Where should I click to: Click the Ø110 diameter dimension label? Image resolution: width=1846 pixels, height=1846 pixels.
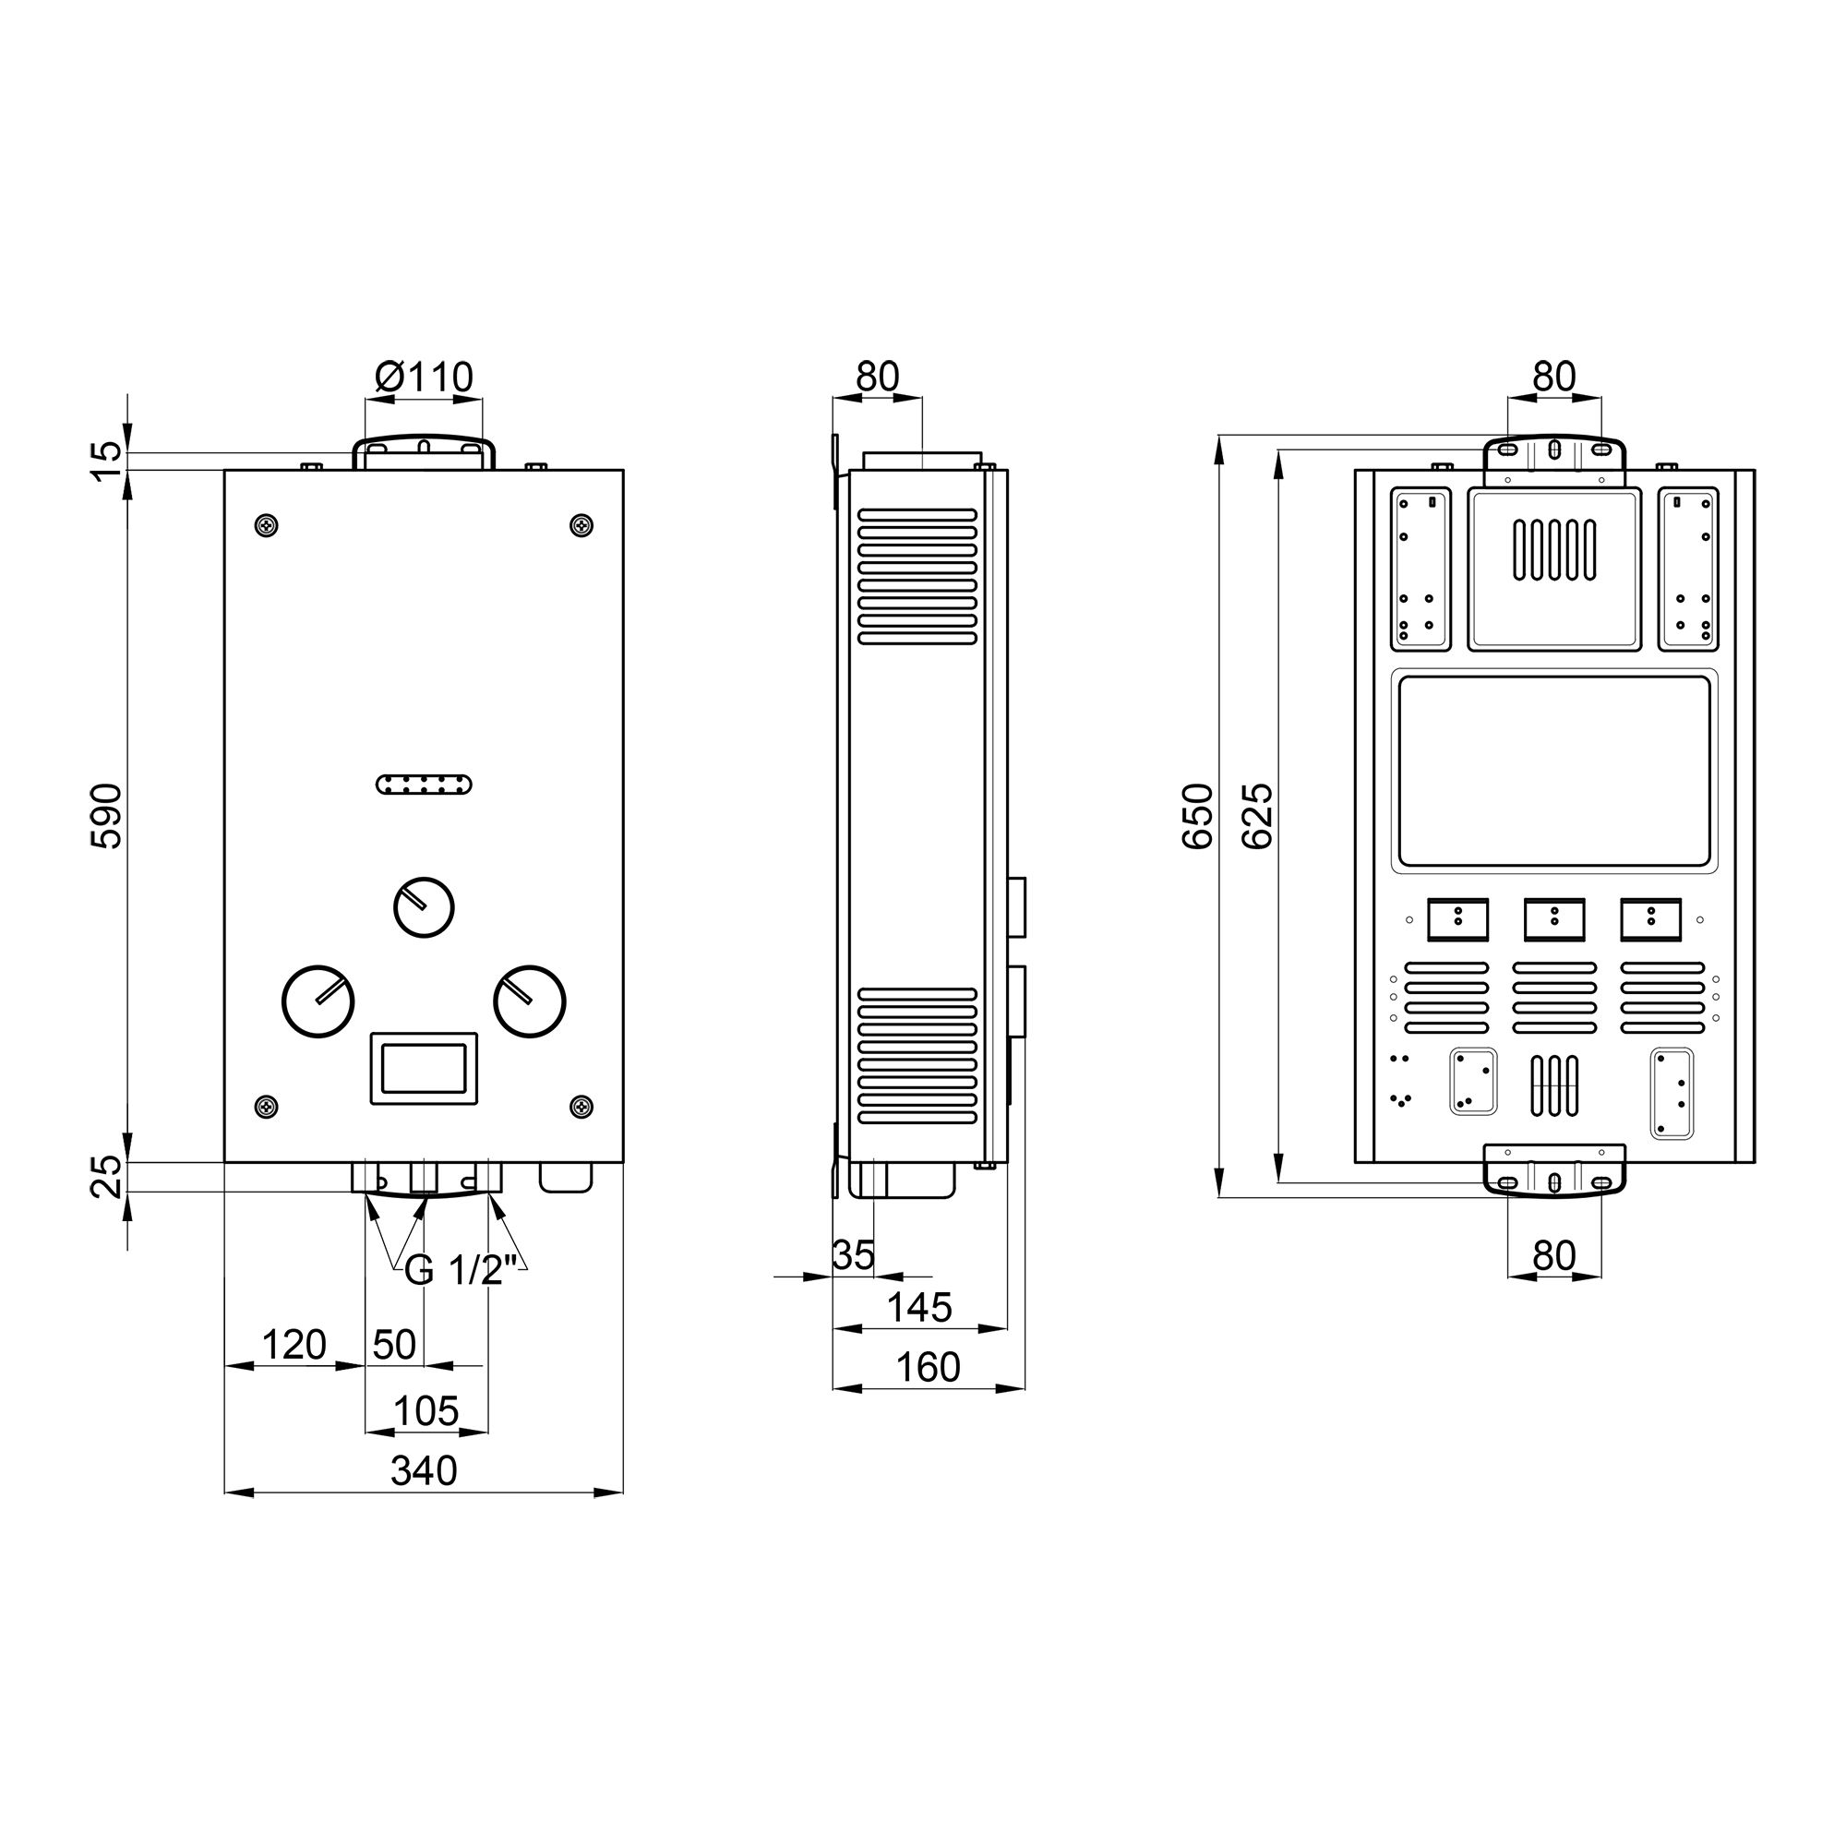(424, 378)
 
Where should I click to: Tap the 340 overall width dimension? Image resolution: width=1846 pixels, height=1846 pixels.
(424, 1470)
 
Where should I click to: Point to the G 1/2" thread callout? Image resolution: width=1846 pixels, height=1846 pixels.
(460, 1270)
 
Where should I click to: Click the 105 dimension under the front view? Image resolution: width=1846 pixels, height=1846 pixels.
(426, 1410)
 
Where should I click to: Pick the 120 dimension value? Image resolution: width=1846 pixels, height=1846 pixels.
(294, 1345)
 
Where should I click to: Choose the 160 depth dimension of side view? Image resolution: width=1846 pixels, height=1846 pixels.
(927, 1367)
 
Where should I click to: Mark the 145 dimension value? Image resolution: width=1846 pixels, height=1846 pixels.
(919, 1307)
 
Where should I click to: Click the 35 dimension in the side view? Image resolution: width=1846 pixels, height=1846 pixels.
(852, 1254)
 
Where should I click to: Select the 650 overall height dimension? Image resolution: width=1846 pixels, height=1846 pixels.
(1197, 815)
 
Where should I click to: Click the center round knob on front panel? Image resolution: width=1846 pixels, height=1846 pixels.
(425, 906)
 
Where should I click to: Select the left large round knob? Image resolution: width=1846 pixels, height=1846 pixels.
(318, 1001)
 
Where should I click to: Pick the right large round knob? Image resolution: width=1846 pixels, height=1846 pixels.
(529, 1001)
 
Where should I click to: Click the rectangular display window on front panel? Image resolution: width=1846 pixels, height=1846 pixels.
(424, 1067)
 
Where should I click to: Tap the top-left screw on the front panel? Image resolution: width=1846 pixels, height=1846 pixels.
(267, 524)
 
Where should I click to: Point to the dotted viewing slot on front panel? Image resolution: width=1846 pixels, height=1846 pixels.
(424, 785)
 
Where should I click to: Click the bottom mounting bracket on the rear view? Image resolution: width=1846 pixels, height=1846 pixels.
(1553, 1169)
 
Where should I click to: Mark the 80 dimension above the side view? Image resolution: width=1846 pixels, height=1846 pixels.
(877, 377)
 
